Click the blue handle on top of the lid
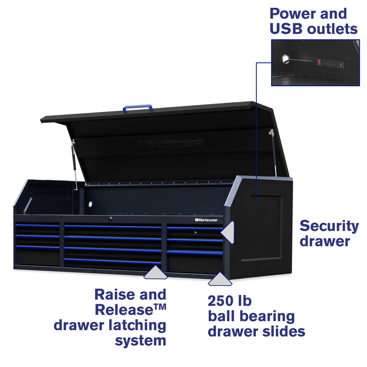point(138,108)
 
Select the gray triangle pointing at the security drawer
point(228,231)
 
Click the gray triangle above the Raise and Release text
point(155,273)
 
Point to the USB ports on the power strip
point(341,64)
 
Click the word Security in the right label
point(329,226)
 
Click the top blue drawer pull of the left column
point(38,226)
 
